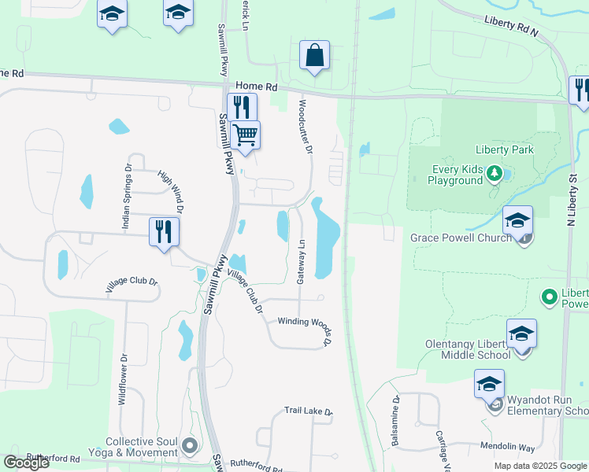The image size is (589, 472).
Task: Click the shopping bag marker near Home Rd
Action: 314,56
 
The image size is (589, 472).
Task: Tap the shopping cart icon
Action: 245,135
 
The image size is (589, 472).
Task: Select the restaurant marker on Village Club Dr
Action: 164,232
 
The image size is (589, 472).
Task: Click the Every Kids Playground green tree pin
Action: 493,172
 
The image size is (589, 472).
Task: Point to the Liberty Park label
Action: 504,149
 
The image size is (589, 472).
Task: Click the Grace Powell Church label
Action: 461,237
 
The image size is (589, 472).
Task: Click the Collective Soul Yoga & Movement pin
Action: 189,446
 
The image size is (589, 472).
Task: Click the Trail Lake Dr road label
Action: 309,411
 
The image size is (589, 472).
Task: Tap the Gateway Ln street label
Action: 301,262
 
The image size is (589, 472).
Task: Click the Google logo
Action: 26,463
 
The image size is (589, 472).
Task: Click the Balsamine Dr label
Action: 395,422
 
